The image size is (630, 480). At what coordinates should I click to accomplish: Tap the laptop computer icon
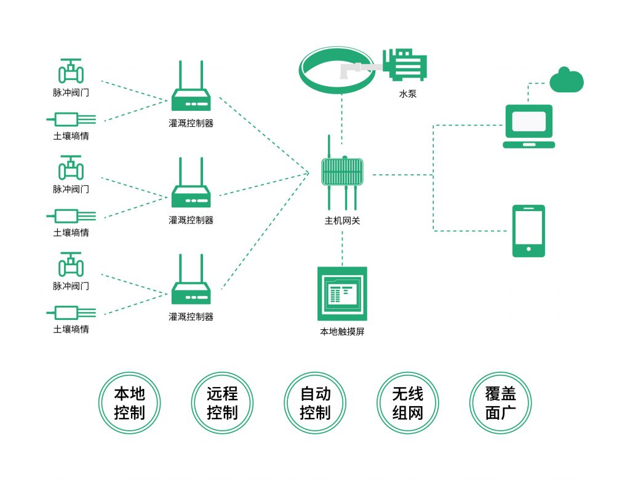528,126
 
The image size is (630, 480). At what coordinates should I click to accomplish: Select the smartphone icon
528,231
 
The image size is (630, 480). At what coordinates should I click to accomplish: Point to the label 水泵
408,94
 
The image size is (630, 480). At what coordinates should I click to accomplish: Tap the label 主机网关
342,220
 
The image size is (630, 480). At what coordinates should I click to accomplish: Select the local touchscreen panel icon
342,294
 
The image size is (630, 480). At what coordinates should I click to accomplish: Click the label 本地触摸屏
342,332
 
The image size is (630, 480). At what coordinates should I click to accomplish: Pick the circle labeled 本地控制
129,403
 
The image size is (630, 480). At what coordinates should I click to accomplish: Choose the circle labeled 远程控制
222,403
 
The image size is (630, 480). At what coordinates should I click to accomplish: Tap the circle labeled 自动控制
315,403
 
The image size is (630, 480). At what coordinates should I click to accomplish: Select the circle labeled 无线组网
408,403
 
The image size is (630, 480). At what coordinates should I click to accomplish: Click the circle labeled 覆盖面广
500,403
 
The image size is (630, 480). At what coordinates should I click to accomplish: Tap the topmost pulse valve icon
71,71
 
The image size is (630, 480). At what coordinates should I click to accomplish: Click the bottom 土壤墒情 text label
71,329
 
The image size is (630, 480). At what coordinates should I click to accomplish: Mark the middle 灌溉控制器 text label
191,220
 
